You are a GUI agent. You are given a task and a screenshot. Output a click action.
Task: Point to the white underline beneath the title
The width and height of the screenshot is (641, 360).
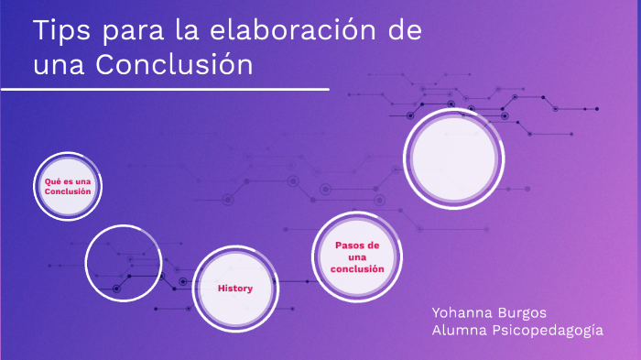(165, 90)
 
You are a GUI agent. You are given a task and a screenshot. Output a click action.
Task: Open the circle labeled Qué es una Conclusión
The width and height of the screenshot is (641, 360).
(68, 187)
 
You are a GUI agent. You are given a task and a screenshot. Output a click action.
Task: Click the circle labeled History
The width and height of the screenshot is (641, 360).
(234, 289)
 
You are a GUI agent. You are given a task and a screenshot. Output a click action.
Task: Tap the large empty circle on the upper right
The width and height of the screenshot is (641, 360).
(454, 158)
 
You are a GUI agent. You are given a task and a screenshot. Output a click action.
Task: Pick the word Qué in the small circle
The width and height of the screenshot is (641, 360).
(51, 181)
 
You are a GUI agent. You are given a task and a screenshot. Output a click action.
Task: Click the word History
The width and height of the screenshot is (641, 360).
(234, 289)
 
